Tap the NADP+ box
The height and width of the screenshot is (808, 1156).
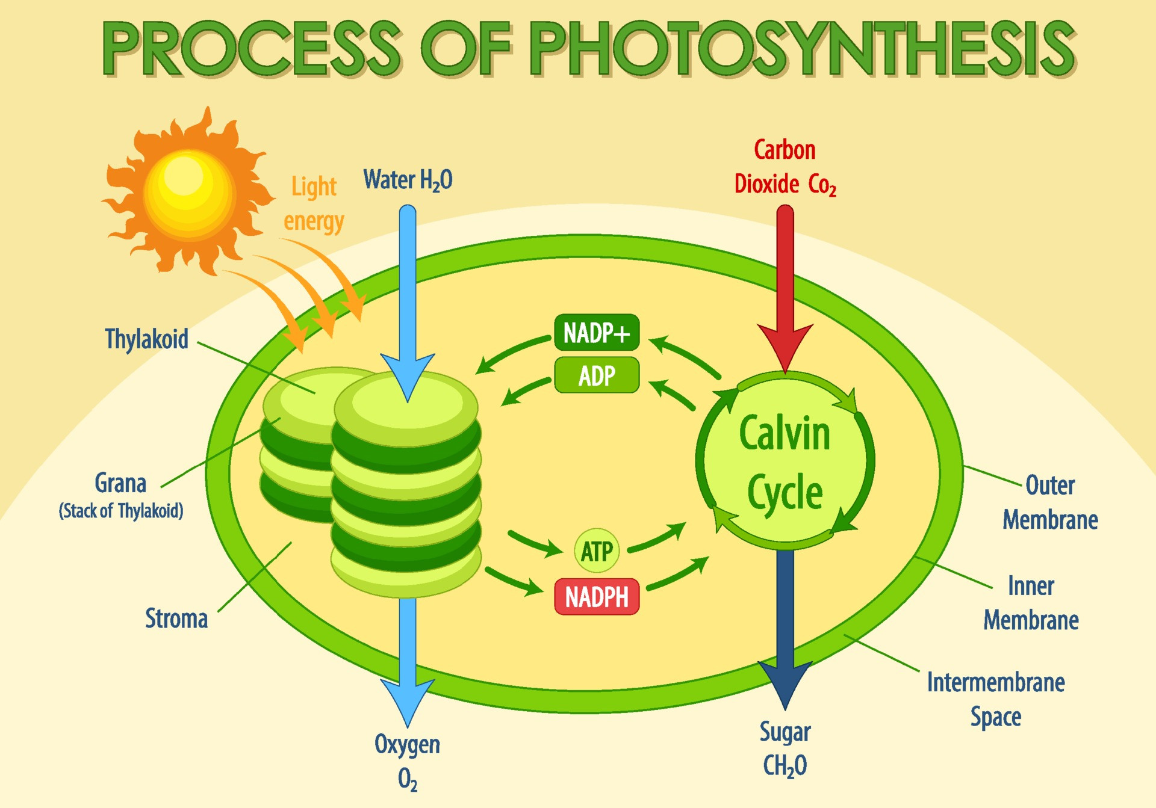coord(596,332)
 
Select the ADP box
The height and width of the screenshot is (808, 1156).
coord(596,375)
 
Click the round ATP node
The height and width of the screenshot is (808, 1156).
coord(596,551)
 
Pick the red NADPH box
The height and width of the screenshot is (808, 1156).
coord(596,597)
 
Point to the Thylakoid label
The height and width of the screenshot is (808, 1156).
coord(146,339)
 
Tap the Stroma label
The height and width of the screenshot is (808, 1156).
coord(176,618)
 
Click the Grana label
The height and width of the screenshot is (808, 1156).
coord(120,483)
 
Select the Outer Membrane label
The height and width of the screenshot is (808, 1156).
coord(1050,502)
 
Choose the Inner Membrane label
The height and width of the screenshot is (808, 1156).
coord(1031,603)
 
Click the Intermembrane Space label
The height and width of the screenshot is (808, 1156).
coord(996,699)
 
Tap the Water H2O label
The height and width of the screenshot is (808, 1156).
coord(408,180)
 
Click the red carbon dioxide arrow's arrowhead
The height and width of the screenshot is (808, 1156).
coord(785,345)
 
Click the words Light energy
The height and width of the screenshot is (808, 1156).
coord(314,203)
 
